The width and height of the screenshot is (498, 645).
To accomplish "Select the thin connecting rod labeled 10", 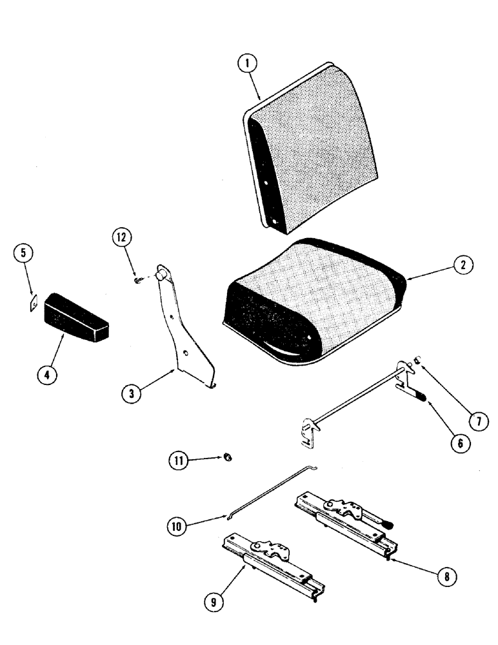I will (271, 490).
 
